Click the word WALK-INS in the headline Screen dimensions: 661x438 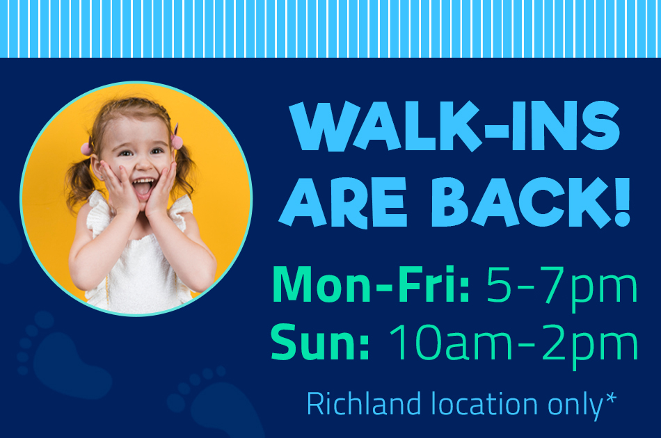click(454, 126)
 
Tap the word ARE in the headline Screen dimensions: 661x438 click(343, 202)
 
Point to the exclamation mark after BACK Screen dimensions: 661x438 click(622, 202)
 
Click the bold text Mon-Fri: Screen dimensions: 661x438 click(371, 284)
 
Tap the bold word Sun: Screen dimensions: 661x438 click(320, 341)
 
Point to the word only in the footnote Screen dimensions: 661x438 click(576, 405)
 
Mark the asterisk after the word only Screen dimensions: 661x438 click(611, 398)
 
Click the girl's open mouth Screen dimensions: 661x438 click(143, 188)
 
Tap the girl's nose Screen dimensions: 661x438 click(143, 165)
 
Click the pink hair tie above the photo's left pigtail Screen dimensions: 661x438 click(86, 149)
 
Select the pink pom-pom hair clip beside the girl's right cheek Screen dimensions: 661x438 click(177, 142)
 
